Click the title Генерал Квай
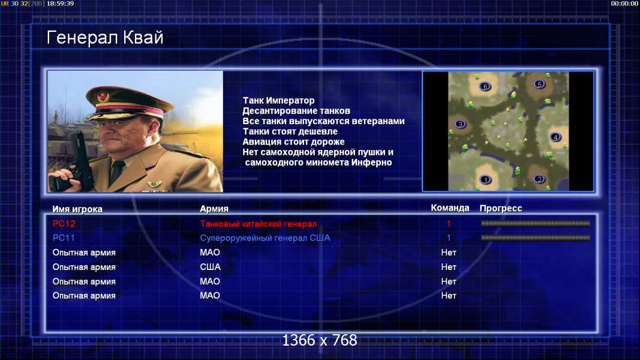tap(105, 38)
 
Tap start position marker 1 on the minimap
tap(485, 179)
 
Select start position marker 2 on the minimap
tap(539, 179)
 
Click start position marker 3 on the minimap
tap(460, 124)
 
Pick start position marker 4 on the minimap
tap(555, 137)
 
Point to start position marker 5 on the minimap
tap(539, 84)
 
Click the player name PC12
tap(64, 224)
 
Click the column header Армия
tap(214, 209)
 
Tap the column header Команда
tap(450, 208)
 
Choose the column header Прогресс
tap(501, 208)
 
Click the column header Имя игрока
tap(77, 209)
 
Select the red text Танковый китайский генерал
tap(258, 224)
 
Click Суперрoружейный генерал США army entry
tap(265, 238)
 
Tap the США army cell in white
tap(210, 267)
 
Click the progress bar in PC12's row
tap(535, 223)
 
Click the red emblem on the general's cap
tap(103, 97)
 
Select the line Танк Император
tap(278, 100)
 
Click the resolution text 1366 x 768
tap(320, 340)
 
